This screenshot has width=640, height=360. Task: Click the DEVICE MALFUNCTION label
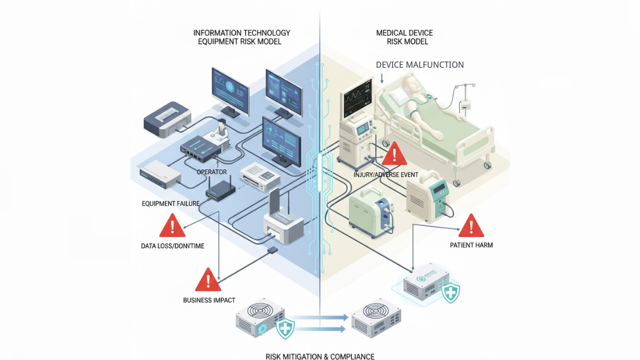coord(420,65)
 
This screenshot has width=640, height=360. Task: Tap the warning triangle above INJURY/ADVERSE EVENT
coord(394,154)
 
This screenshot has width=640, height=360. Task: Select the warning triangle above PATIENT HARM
coord(471,226)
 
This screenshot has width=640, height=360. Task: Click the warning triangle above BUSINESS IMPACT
coord(208,279)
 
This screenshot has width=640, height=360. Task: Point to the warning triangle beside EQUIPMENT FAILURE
coord(172,226)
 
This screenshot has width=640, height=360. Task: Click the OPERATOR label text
coord(212,172)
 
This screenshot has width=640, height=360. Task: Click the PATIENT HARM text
coord(471,245)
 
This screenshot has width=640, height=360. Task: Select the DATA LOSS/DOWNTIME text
coord(172,246)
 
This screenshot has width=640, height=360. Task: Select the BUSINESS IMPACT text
coord(209,300)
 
